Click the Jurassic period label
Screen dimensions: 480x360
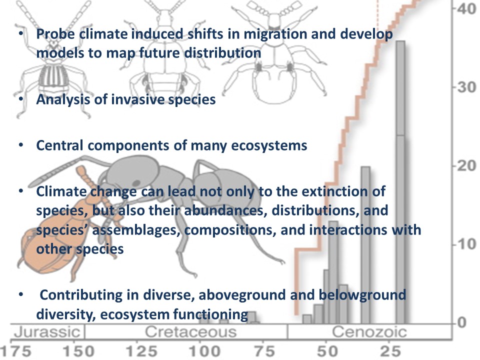coord(47,332)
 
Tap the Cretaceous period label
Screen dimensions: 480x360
coord(190,332)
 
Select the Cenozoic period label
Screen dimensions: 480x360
coord(369,332)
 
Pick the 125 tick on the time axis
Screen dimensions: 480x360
coord(141,351)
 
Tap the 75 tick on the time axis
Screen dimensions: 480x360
coord(265,351)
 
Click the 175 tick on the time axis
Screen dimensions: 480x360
coord(15,351)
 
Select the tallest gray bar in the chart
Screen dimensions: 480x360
coord(400,182)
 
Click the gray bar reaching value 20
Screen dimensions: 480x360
coord(365,245)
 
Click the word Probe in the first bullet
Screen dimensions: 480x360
coord(55,34)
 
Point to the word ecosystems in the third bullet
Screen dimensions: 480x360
coord(269,145)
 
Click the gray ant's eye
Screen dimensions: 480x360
coord(136,183)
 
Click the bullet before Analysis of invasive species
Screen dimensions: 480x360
coord(21,99)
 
